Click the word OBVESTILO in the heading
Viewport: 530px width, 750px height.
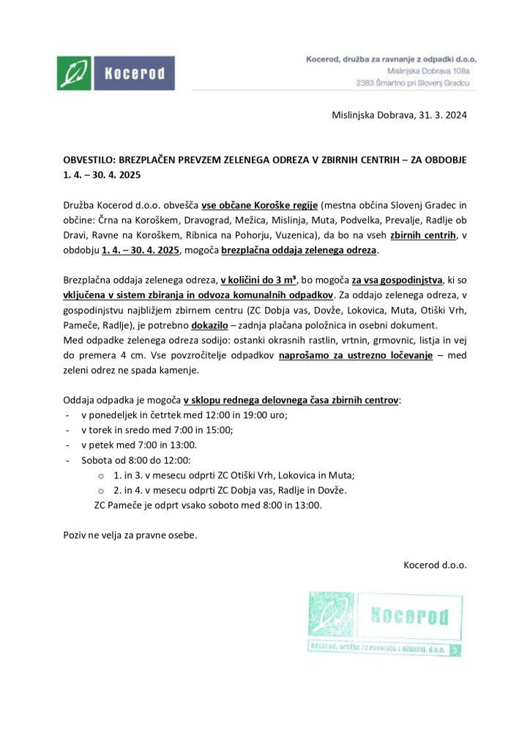coord(89,159)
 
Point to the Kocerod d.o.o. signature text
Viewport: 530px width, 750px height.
coord(435,565)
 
